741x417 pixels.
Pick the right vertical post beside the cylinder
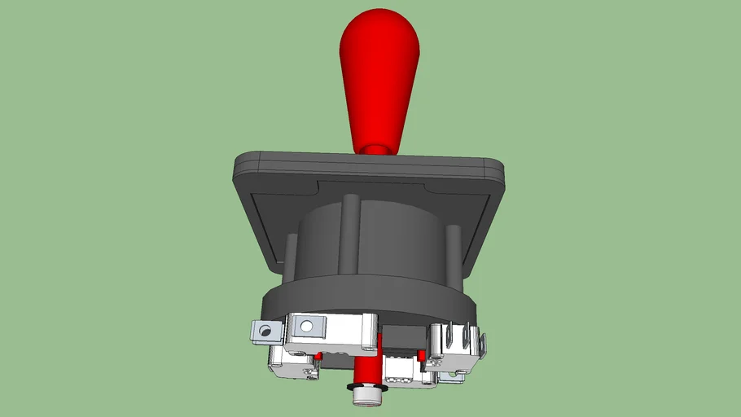click(x=454, y=252)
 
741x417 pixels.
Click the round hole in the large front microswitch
click(x=306, y=327)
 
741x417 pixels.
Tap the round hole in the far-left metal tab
click(x=262, y=331)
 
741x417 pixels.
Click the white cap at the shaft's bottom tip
click(x=367, y=397)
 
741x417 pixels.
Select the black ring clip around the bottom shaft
click(x=366, y=384)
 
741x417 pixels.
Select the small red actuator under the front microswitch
click(x=319, y=357)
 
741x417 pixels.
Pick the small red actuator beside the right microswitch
click(x=422, y=355)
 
